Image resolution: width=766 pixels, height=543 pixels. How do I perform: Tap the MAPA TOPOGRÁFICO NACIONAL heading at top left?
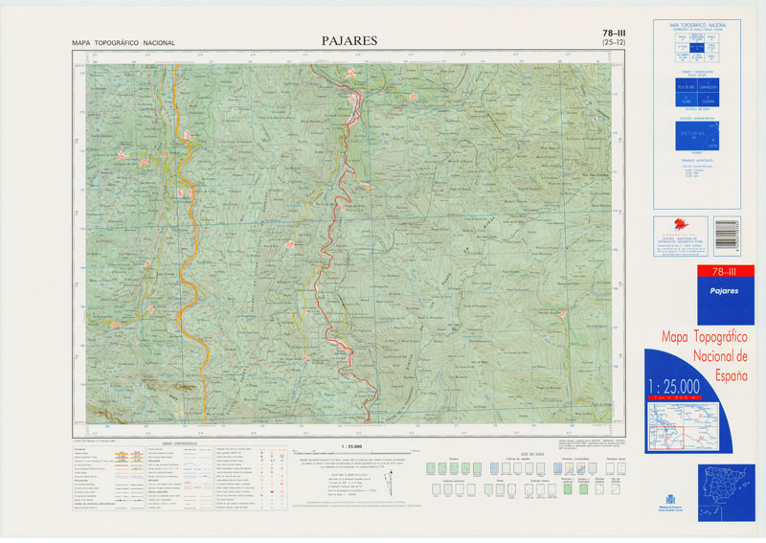point(123,43)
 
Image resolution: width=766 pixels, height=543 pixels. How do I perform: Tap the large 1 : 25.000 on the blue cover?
point(673,386)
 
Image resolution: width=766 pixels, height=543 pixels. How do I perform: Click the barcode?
point(726,237)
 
